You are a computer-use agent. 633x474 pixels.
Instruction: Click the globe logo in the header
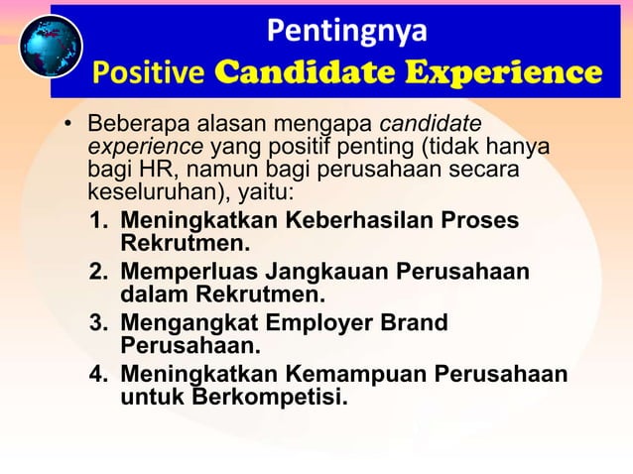pos(51,47)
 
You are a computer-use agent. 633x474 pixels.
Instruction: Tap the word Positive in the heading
pos(149,73)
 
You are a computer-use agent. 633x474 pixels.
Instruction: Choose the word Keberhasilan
pos(361,220)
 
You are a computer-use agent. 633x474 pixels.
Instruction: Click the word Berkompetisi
pos(270,399)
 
